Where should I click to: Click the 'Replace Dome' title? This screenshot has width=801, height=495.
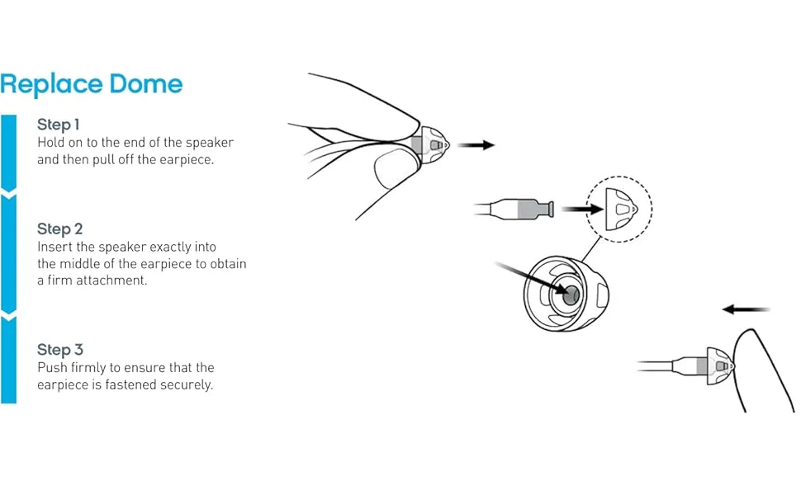pyautogui.click(x=91, y=84)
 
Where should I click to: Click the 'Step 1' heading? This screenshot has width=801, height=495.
pyautogui.click(x=59, y=125)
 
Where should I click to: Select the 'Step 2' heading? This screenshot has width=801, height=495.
pyautogui.click(x=59, y=229)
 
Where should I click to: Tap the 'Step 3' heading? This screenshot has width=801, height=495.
pyautogui.click(x=59, y=350)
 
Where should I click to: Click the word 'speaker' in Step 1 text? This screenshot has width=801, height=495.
pyautogui.click(x=210, y=143)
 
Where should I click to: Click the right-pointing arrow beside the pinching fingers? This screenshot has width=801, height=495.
pyautogui.click(x=476, y=145)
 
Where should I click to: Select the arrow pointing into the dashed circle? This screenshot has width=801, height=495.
pyautogui.click(x=582, y=209)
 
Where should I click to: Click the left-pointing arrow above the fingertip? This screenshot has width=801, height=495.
pyautogui.click(x=746, y=309)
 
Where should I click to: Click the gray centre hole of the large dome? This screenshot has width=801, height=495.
pyautogui.click(x=571, y=295)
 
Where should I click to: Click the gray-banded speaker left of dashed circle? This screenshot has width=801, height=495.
pyautogui.click(x=514, y=210)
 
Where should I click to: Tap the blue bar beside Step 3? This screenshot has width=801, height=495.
pyautogui.click(x=9, y=361)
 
